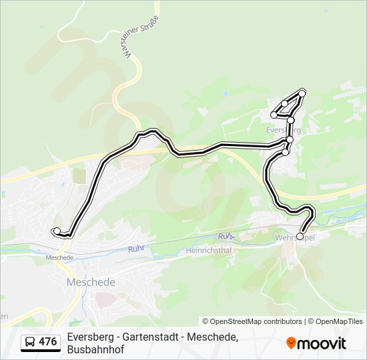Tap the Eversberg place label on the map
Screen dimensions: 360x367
pos(283,130)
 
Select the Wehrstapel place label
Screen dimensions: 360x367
pos(295,237)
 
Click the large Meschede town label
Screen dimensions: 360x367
pos(91,282)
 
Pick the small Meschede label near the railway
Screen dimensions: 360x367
pos(59,257)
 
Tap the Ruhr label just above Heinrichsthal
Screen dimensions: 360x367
pos(226,237)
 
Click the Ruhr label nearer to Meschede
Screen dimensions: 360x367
pos(136,249)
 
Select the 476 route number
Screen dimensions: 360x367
pos(47,342)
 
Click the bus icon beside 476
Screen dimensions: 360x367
pos(30,342)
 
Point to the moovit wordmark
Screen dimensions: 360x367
pos(322,343)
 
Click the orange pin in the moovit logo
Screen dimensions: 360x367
pos(291,343)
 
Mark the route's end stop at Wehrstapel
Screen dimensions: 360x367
pos(300,236)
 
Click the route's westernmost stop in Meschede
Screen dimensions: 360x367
pos(56,231)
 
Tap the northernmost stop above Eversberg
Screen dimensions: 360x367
pos(302,91)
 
